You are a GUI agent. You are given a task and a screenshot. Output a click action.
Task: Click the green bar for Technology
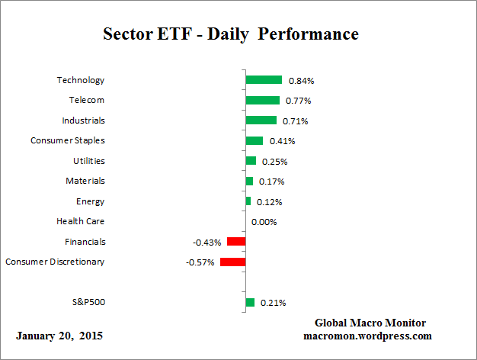click(x=264, y=80)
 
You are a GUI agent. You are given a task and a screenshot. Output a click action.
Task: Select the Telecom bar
click(x=262, y=100)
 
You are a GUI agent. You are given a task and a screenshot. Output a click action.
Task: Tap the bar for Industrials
click(x=261, y=121)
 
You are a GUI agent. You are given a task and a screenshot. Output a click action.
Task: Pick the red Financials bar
click(x=236, y=242)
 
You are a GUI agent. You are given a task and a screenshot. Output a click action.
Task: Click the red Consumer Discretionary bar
click(x=232, y=262)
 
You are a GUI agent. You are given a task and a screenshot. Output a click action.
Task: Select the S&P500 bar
click(x=250, y=303)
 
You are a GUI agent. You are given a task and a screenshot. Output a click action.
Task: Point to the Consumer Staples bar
click(x=254, y=140)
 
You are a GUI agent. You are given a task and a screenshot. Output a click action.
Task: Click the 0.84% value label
click(x=301, y=80)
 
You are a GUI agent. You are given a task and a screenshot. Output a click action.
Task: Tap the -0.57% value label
click(x=201, y=262)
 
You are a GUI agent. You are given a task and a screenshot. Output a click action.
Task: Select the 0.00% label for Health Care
click(x=264, y=222)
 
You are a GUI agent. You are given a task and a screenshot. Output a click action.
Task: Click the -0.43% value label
click(x=207, y=243)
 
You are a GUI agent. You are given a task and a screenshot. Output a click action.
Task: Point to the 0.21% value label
click(x=273, y=303)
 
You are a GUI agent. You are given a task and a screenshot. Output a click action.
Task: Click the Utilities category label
click(x=88, y=161)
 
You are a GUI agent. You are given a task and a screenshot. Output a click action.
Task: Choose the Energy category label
click(x=91, y=201)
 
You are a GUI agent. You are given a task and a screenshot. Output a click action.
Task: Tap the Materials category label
click(x=85, y=181)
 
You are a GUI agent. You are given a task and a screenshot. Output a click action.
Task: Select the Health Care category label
click(x=81, y=221)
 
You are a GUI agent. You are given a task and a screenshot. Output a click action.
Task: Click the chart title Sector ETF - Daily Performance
click(x=230, y=34)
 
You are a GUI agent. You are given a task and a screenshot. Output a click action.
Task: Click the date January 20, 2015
click(x=59, y=336)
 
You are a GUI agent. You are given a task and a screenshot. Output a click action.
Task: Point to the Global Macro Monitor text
click(x=370, y=323)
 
